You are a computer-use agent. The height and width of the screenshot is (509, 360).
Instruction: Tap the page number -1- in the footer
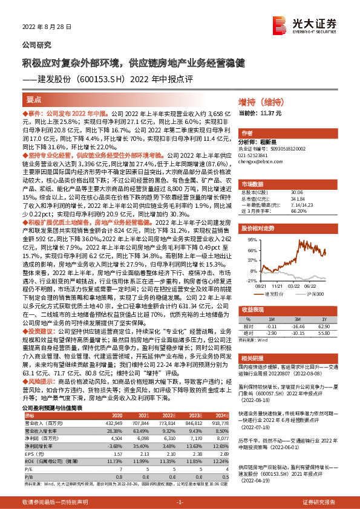point(180,503)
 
